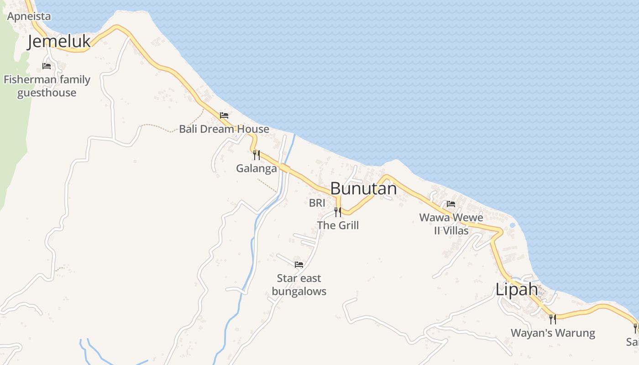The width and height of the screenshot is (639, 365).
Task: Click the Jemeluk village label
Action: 59,41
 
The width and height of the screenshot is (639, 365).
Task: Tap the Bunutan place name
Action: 363,188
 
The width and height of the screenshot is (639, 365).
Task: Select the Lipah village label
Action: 517,289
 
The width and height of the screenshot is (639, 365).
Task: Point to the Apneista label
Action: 29,16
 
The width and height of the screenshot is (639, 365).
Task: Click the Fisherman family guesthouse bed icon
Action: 47,66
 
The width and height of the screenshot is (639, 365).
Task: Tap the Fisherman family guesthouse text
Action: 47,86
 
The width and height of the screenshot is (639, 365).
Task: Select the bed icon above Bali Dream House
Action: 224,115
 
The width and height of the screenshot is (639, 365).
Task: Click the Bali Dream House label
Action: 224,129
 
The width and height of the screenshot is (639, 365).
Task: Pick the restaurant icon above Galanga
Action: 257,155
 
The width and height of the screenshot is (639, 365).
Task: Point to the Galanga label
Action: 257,168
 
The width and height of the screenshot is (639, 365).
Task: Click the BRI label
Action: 317,203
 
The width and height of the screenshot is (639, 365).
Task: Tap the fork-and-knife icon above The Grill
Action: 338,212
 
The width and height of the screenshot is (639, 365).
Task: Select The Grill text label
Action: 338,225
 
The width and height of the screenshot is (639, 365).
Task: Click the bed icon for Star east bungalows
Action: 299,265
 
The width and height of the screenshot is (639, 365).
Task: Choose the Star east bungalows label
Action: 299,285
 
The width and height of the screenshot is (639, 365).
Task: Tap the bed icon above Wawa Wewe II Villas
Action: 451,204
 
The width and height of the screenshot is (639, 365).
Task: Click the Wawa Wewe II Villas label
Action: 451,224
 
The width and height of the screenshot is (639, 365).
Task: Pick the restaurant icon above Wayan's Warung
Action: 553,319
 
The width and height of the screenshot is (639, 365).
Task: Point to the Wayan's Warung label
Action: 553,333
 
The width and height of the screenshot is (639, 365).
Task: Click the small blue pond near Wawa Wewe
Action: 512,225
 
